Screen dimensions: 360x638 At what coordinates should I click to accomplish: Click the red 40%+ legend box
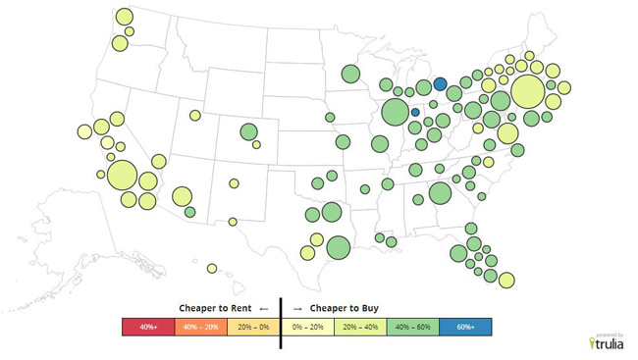click(x=147, y=326)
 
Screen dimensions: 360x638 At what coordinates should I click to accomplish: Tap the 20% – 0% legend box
click(x=253, y=326)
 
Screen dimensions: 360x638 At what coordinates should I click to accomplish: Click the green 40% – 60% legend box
click(x=413, y=326)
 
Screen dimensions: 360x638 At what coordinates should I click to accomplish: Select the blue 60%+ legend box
click(x=465, y=326)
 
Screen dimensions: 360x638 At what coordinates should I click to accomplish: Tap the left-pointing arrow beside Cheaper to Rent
click(x=263, y=306)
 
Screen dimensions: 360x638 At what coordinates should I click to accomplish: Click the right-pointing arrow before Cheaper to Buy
click(x=297, y=306)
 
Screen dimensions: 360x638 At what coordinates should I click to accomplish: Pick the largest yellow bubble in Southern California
click(x=122, y=176)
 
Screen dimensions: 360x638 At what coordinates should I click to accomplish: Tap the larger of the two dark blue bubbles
click(x=441, y=84)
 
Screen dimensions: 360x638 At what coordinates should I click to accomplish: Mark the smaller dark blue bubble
click(x=415, y=113)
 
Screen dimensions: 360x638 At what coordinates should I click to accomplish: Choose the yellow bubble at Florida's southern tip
click(x=506, y=280)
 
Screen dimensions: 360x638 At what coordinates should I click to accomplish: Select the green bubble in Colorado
click(x=248, y=132)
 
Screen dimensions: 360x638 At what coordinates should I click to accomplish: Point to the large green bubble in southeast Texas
click(x=338, y=247)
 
